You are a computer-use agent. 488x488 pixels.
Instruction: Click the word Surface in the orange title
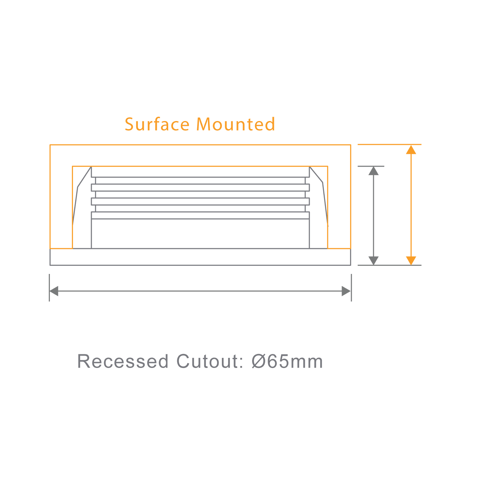point(157,124)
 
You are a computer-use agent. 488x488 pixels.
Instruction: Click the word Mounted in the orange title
point(236,124)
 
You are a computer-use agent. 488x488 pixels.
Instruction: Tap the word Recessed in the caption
point(123,361)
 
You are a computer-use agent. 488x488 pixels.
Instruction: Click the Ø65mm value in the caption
point(287,361)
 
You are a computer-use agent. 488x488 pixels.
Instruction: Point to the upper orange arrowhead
point(411,150)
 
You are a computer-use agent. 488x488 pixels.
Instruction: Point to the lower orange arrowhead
point(411,260)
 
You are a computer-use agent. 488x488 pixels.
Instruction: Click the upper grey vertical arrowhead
point(373,171)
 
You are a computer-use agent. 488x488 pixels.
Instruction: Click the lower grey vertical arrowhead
point(373,260)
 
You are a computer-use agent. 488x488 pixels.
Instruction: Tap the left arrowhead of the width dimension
point(54,291)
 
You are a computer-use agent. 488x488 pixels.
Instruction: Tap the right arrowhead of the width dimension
point(346,291)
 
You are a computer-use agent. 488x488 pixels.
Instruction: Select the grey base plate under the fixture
point(200,257)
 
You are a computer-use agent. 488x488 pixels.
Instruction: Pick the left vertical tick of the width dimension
point(49,288)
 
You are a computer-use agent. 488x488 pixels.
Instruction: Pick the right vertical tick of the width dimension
point(351,288)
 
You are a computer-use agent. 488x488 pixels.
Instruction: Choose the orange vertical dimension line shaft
point(411,205)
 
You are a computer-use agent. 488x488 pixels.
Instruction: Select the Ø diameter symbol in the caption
point(259,361)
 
